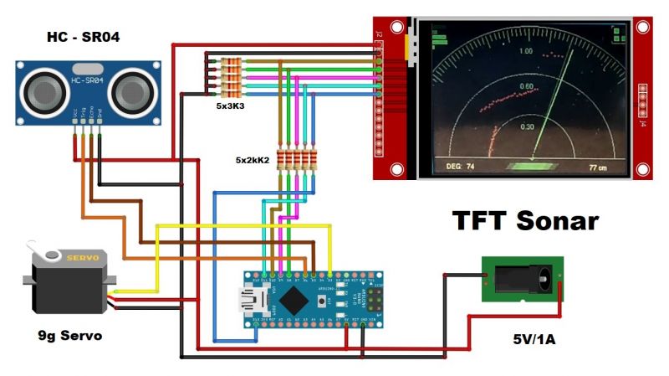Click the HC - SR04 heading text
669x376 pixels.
click(84, 38)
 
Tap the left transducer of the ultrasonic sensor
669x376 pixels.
click(43, 86)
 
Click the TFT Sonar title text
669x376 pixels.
click(525, 220)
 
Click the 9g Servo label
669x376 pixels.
click(70, 336)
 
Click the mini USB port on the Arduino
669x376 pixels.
click(253, 298)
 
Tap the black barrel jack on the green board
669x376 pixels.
click(524, 279)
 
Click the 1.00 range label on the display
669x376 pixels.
click(525, 52)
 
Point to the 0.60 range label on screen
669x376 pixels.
click(526, 86)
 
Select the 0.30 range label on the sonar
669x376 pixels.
click(527, 126)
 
